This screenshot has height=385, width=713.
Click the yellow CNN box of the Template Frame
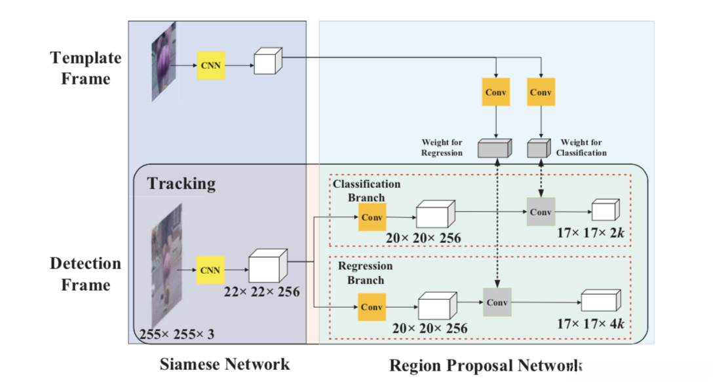click(x=211, y=66)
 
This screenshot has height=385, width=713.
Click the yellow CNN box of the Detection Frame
click(x=210, y=270)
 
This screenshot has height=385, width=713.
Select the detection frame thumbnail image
click(x=166, y=265)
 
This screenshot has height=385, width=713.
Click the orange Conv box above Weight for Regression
click(x=496, y=92)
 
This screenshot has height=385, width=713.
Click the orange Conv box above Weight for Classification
click(x=541, y=92)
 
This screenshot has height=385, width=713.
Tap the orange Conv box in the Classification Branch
click(x=372, y=217)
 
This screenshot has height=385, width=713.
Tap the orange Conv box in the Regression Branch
click(x=372, y=306)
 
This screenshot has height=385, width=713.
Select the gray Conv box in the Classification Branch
click(x=541, y=211)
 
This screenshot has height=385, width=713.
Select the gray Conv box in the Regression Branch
click(x=497, y=302)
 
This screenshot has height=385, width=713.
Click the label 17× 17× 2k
click(x=592, y=232)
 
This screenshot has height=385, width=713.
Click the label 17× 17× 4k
click(x=592, y=323)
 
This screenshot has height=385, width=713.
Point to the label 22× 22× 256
click(x=261, y=291)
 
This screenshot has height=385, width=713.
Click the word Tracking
click(x=181, y=183)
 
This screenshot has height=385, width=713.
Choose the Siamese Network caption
click(x=224, y=363)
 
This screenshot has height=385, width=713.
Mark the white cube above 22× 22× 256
click(x=267, y=265)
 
